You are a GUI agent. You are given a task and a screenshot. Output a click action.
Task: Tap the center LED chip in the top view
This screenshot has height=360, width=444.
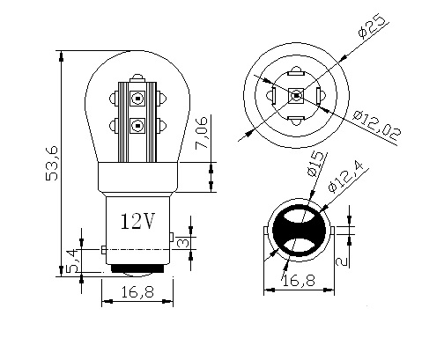[x=295, y=95]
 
